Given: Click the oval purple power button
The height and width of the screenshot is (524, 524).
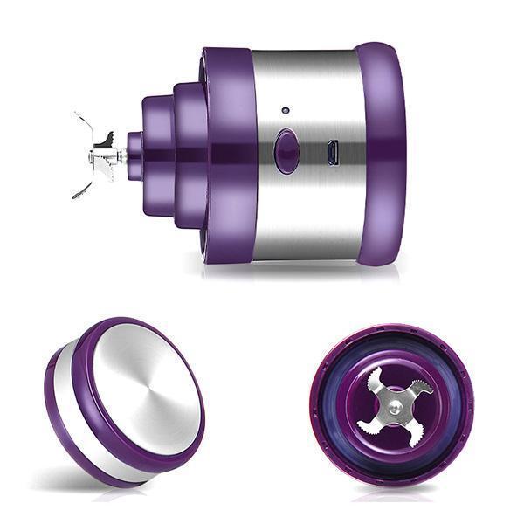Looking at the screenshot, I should click(x=286, y=151).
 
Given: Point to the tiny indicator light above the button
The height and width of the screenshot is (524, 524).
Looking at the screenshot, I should click(x=286, y=111).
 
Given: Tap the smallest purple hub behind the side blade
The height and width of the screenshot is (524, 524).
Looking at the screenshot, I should click(x=134, y=155).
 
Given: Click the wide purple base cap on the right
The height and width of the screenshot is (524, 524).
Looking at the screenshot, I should click(x=381, y=153).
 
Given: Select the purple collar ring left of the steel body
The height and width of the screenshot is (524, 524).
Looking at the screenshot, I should click(x=229, y=153).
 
